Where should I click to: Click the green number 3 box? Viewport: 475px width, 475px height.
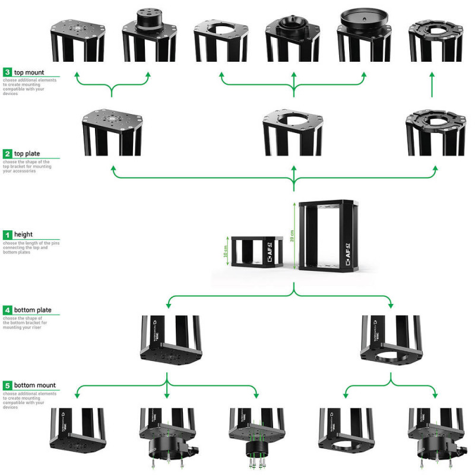tap(7, 72)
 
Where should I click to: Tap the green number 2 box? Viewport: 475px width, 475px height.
tap(7, 153)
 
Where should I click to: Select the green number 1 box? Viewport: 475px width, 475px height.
tap(7, 235)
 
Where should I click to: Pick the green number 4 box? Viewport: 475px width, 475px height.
tap(7, 310)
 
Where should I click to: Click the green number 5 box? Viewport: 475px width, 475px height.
tap(7, 385)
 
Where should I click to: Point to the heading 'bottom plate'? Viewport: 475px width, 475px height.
tap(33, 310)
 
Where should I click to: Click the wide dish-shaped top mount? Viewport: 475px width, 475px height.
tap(364, 18)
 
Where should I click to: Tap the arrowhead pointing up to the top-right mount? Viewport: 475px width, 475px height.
tap(432, 75)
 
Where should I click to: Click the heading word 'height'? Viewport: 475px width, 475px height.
tap(23, 235)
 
